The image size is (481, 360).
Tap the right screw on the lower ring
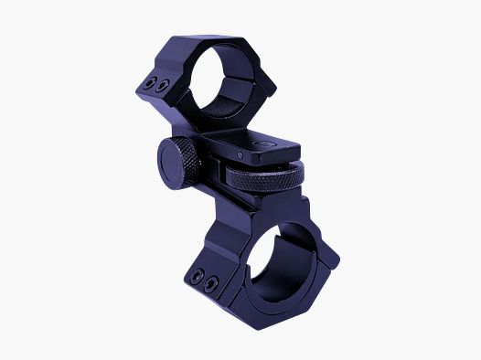click(x=212, y=280)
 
